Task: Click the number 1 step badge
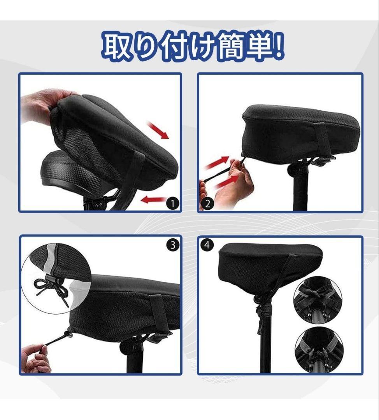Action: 172,203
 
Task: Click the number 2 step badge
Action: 207,204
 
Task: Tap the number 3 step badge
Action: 173,245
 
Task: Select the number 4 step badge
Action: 207,245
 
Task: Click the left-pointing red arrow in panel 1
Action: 153,200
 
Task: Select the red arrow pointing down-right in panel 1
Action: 158,130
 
